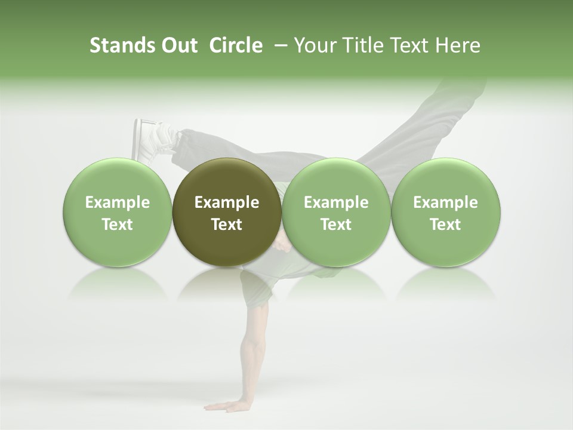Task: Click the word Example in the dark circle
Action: tap(227, 202)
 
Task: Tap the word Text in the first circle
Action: tap(118, 225)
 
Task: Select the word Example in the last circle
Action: tap(445, 202)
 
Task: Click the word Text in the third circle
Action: tap(336, 225)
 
